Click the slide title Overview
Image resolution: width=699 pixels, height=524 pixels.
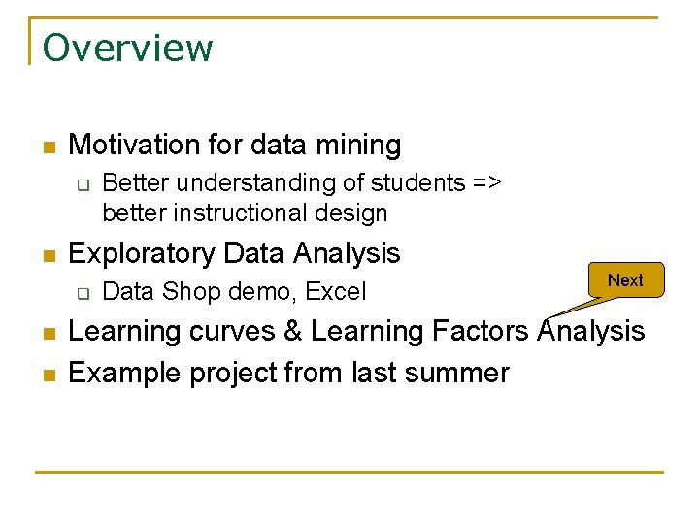(127, 48)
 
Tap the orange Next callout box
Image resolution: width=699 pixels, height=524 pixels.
(625, 280)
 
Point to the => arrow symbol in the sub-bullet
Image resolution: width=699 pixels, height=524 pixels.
(485, 183)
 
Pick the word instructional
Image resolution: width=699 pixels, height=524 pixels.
(244, 213)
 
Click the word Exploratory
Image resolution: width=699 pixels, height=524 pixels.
(142, 253)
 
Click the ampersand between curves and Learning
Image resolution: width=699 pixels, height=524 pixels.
(292, 331)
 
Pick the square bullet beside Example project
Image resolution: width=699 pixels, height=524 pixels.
(49, 375)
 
